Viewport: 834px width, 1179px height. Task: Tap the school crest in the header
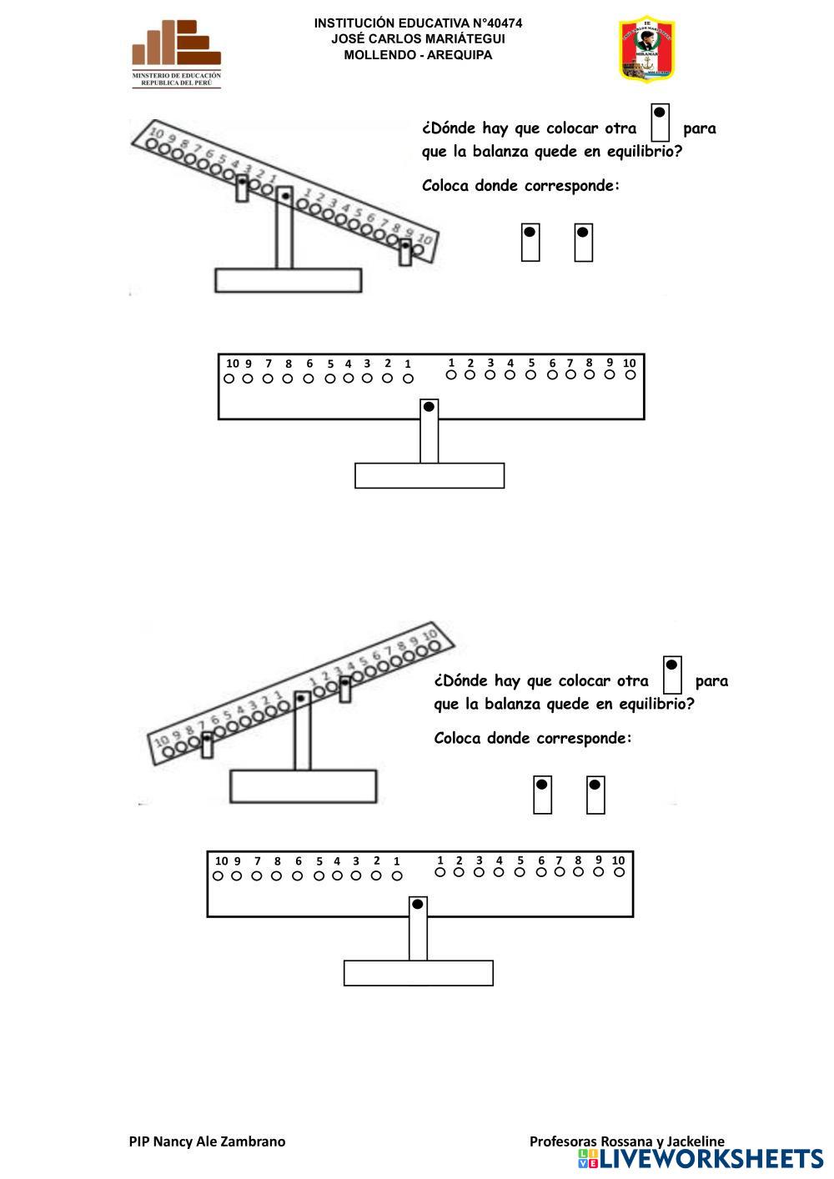tap(646, 48)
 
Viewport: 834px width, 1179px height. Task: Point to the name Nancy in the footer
tap(172, 1141)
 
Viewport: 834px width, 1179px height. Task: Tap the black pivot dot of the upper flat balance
tap(429, 407)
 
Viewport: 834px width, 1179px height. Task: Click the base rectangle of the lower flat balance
tap(418, 972)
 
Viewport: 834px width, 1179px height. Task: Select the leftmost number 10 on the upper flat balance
tap(232, 364)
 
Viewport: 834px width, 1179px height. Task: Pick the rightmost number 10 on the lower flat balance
tap(618, 860)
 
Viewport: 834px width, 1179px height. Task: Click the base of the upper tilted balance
tap(288, 280)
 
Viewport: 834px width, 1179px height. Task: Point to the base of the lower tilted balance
tap(302, 785)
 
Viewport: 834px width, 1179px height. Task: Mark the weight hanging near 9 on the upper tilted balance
tap(405, 252)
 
